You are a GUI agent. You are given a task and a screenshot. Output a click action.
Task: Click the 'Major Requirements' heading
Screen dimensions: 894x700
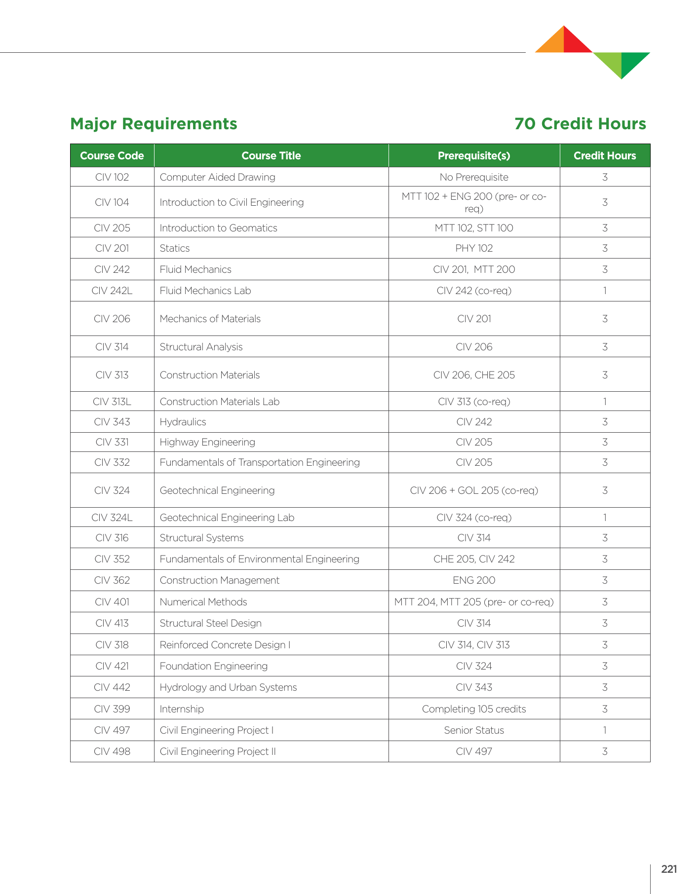[154, 124]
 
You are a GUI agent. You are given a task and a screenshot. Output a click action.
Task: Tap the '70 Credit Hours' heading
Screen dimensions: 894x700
[580, 124]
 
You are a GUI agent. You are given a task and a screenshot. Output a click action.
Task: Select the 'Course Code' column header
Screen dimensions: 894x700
[112, 156]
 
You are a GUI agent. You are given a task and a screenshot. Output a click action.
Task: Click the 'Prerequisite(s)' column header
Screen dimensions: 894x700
[474, 156]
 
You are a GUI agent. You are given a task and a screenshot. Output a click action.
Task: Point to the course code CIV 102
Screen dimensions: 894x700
[112, 177]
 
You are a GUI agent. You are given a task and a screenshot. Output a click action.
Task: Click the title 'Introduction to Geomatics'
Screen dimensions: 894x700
[218, 228]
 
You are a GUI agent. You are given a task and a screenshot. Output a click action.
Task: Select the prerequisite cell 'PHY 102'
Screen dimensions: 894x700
[474, 248]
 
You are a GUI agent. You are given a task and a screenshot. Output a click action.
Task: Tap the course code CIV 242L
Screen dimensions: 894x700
[112, 291]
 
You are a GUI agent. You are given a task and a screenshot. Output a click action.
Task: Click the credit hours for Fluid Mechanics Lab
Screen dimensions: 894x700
[605, 291]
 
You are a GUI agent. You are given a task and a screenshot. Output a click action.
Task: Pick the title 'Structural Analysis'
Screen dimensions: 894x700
[201, 347]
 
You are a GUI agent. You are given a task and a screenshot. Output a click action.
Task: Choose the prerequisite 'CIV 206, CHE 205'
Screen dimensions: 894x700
[474, 375]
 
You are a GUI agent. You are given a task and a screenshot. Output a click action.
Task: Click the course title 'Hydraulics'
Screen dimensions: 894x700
[183, 422]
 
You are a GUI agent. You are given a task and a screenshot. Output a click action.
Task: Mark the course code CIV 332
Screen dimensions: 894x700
[112, 462]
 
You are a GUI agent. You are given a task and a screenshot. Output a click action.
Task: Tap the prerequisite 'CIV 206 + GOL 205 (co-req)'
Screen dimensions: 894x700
[474, 490]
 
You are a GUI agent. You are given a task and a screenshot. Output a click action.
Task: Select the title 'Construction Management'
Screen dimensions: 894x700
[219, 580]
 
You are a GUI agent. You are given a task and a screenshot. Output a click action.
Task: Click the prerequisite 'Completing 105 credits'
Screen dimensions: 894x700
[474, 709]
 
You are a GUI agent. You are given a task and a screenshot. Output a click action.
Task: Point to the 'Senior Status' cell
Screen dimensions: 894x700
[474, 730]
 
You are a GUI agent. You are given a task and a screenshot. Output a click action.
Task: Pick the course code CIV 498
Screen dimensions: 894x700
[112, 751]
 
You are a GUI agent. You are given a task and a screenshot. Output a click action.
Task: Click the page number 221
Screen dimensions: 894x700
[669, 869]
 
